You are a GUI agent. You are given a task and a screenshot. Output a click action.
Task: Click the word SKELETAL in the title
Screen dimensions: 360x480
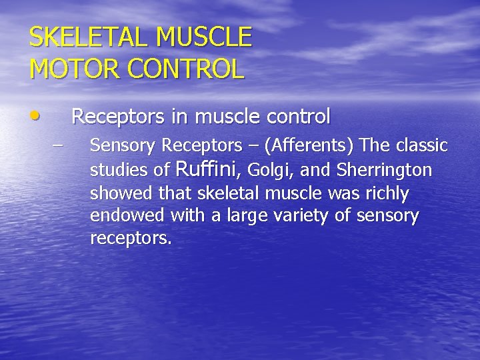click(x=81, y=37)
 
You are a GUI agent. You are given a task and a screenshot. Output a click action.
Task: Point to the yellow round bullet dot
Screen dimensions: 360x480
click(x=35, y=116)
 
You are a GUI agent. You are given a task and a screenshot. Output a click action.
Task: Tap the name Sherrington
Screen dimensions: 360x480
click(x=385, y=171)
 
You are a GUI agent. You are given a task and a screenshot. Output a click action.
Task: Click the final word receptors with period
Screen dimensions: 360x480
click(x=131, y=239)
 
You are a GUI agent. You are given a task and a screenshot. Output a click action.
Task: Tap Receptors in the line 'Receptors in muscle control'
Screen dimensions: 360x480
click(x=118, y=117)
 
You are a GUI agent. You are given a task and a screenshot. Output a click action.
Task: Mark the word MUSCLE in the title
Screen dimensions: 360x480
click(x=204, y=37)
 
